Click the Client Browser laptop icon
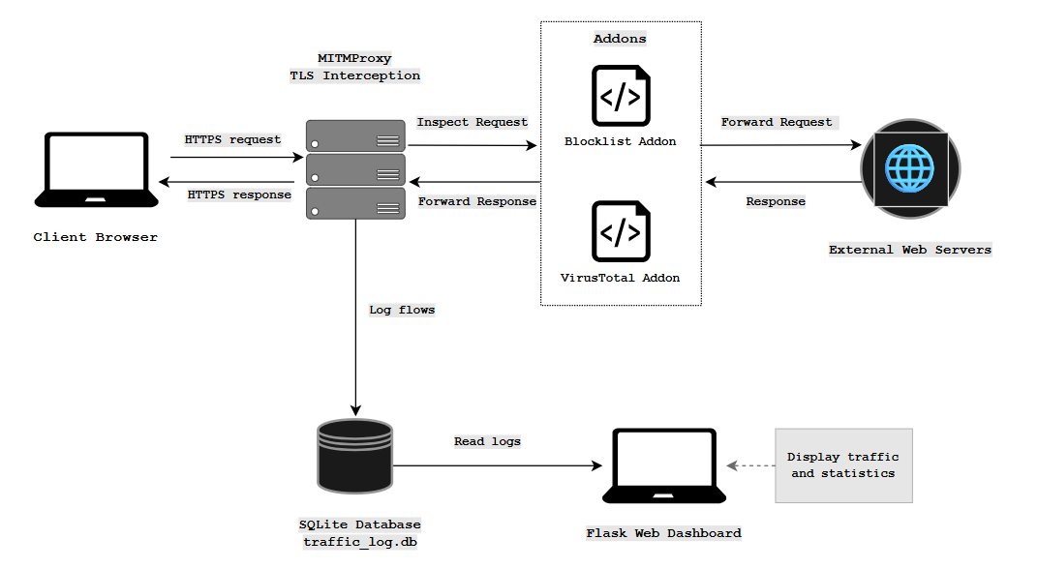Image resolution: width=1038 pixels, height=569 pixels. click(96, 170)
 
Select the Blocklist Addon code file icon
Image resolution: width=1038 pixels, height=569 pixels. click(620, 96)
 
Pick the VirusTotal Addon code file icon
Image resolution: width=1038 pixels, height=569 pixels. click(620, 232)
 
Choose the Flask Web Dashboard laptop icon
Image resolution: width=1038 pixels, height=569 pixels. click(663, 466)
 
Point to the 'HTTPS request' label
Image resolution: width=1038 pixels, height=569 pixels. click(232, 139)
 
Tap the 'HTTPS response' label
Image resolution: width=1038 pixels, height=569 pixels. click(239, 195)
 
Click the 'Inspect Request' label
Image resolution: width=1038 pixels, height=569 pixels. click(472, 122)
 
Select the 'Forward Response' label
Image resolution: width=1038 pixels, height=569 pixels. click(476, 201)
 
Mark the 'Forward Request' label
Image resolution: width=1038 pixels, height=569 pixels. click(777, 122)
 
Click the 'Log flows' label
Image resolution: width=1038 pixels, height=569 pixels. click(402, 310)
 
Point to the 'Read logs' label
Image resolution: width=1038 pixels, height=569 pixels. click(487, 441)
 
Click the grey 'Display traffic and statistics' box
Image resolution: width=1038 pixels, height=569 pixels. click(843, 465)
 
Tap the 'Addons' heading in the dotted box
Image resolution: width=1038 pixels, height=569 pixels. click(620, 39)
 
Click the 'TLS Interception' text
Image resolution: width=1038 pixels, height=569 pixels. click(354, 75)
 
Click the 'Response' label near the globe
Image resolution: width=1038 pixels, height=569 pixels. click(776, 201)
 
